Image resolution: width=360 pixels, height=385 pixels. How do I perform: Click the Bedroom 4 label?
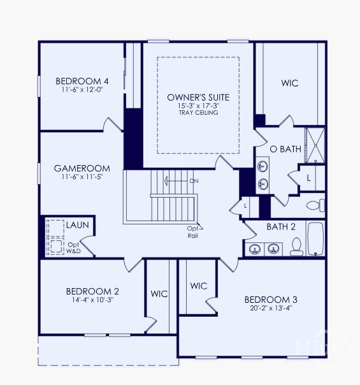tap(82, 81)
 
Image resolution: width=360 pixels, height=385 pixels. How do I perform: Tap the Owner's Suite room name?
tap(198, 98)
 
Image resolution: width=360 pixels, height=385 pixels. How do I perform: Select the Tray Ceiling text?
tap(199, 113)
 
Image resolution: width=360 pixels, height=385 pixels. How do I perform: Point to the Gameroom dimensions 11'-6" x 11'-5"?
tap(82, 177)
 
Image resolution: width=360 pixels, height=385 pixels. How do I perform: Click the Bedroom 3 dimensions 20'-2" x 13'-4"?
tap(271, 308)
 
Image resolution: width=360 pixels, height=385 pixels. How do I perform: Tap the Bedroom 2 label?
tap(92, 291)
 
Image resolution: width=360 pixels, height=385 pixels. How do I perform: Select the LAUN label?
tap(78, 225)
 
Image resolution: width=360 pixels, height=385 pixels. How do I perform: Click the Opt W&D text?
tap(74, 248)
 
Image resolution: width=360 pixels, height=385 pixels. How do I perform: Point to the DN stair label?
tap(194, 181)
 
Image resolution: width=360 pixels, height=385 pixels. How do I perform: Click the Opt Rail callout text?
tap(192, 232)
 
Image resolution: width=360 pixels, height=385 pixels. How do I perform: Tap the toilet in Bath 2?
tap(296, 247)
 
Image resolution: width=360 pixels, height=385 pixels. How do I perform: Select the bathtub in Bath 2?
tap(315, 239)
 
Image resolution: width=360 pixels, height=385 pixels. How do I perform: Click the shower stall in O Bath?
tap(315, 145)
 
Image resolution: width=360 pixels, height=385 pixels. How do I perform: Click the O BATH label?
tap(285, 149)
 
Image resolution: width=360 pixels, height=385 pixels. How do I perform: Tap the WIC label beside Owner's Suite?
tap(290, 83)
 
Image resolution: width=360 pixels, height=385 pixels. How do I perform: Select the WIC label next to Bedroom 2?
tap(159, 294)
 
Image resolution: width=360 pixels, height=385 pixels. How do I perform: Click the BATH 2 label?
tap(281, 227)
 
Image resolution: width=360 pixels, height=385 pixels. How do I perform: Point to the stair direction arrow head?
tap(166, 181)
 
